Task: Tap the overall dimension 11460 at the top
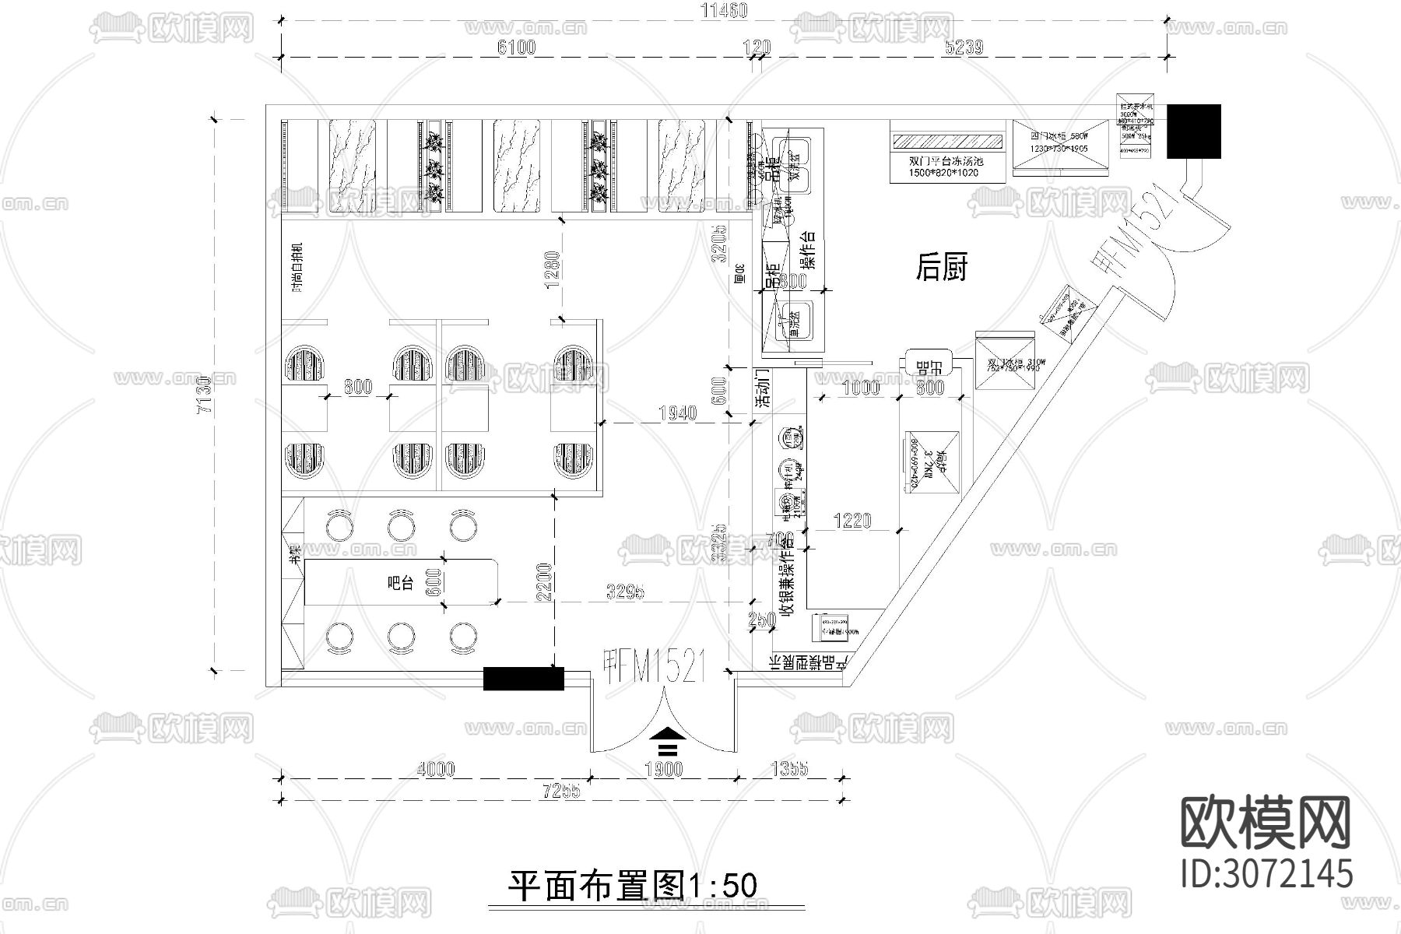coord(724,10)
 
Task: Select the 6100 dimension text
coord(517,47)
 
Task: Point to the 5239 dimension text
coord(964,47)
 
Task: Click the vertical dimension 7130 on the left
coord(204,396)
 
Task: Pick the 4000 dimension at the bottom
coord(435,770)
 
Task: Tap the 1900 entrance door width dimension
coord(663,770)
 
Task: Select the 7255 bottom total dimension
coord(562,792)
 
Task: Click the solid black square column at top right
coord(1193,131)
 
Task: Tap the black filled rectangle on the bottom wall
coord(523,679)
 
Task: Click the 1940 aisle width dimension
coord(677,414)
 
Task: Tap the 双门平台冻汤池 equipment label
coord(946,161)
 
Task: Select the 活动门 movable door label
coord(764,388)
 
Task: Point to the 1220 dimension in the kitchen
coord(852,521)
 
